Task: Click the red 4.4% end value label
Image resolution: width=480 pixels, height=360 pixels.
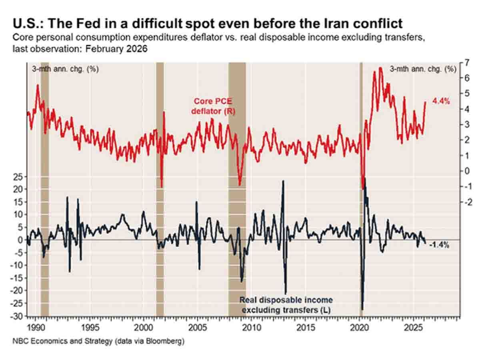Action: pyautogui.click(x=440, y=102)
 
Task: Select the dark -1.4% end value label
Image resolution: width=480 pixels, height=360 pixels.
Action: pyautogui.click(x=439, y=245)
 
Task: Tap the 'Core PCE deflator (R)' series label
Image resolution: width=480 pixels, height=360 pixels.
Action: pyautogui.click(x=212, y=106)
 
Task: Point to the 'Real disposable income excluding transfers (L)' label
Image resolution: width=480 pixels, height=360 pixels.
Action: pyautogui.click(x=286, y=304)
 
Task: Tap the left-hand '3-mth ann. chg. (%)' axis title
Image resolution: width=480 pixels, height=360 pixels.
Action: pyautogui.click(x=65, y=69)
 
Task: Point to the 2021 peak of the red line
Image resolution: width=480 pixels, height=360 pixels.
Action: pyautogui.click(x=380, y=69)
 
